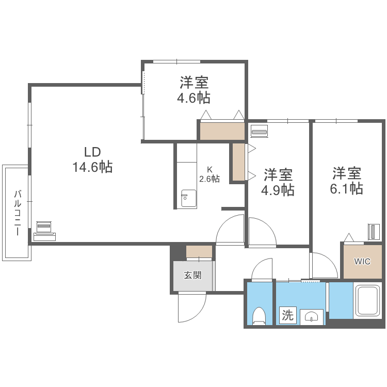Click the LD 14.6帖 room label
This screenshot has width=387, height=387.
tap(92, 159)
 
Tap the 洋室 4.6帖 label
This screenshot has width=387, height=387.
tap(194, 90)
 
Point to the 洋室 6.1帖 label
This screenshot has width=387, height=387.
tap(346, 181)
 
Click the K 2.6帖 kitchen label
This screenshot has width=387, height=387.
tap(209, 174)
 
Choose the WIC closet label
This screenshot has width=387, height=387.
tap(362, 261)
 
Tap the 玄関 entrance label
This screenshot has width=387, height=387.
tap(192, 275)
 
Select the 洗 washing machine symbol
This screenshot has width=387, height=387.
tap(287, 315)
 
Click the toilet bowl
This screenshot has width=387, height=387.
tap(259, 315)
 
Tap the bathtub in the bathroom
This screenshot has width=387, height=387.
tap(367, 301)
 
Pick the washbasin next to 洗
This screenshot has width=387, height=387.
tap(311, 316)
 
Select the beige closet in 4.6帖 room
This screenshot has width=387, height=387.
tap(222, 131)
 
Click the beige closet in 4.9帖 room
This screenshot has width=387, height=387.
tap(238, 162)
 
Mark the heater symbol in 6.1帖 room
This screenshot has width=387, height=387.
tap(374, 232)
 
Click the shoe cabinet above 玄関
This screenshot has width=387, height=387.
tap(199, 252)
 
